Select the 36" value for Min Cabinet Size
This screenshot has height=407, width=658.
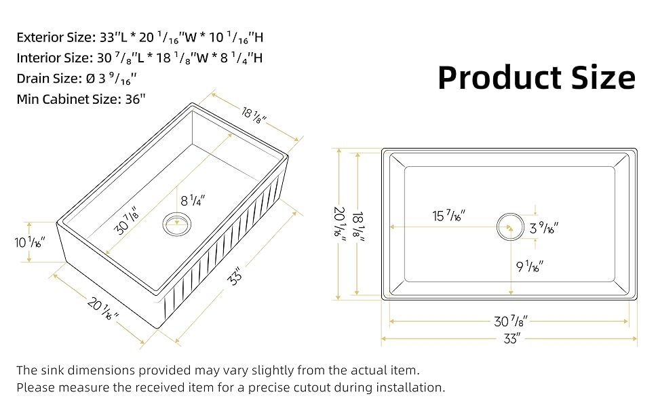[135, 99]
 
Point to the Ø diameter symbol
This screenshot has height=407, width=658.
[91, 79]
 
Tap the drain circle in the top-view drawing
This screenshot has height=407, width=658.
[510, 227]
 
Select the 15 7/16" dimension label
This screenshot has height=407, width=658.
[449, 216]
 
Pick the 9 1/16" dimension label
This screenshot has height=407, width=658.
[530, 266]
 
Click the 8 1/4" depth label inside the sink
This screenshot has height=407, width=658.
[193, 201]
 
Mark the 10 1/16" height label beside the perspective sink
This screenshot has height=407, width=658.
[29, 242]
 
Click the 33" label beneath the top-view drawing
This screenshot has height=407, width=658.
[512, 338]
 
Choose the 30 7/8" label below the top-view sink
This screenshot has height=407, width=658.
[510, 322]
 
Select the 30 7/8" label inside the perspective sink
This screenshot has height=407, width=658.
[126, 222]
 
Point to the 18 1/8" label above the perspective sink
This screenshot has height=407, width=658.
[254, 115]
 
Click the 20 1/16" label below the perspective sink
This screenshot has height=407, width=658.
[103, 309]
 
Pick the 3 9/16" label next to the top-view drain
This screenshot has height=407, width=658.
[544, 228]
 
